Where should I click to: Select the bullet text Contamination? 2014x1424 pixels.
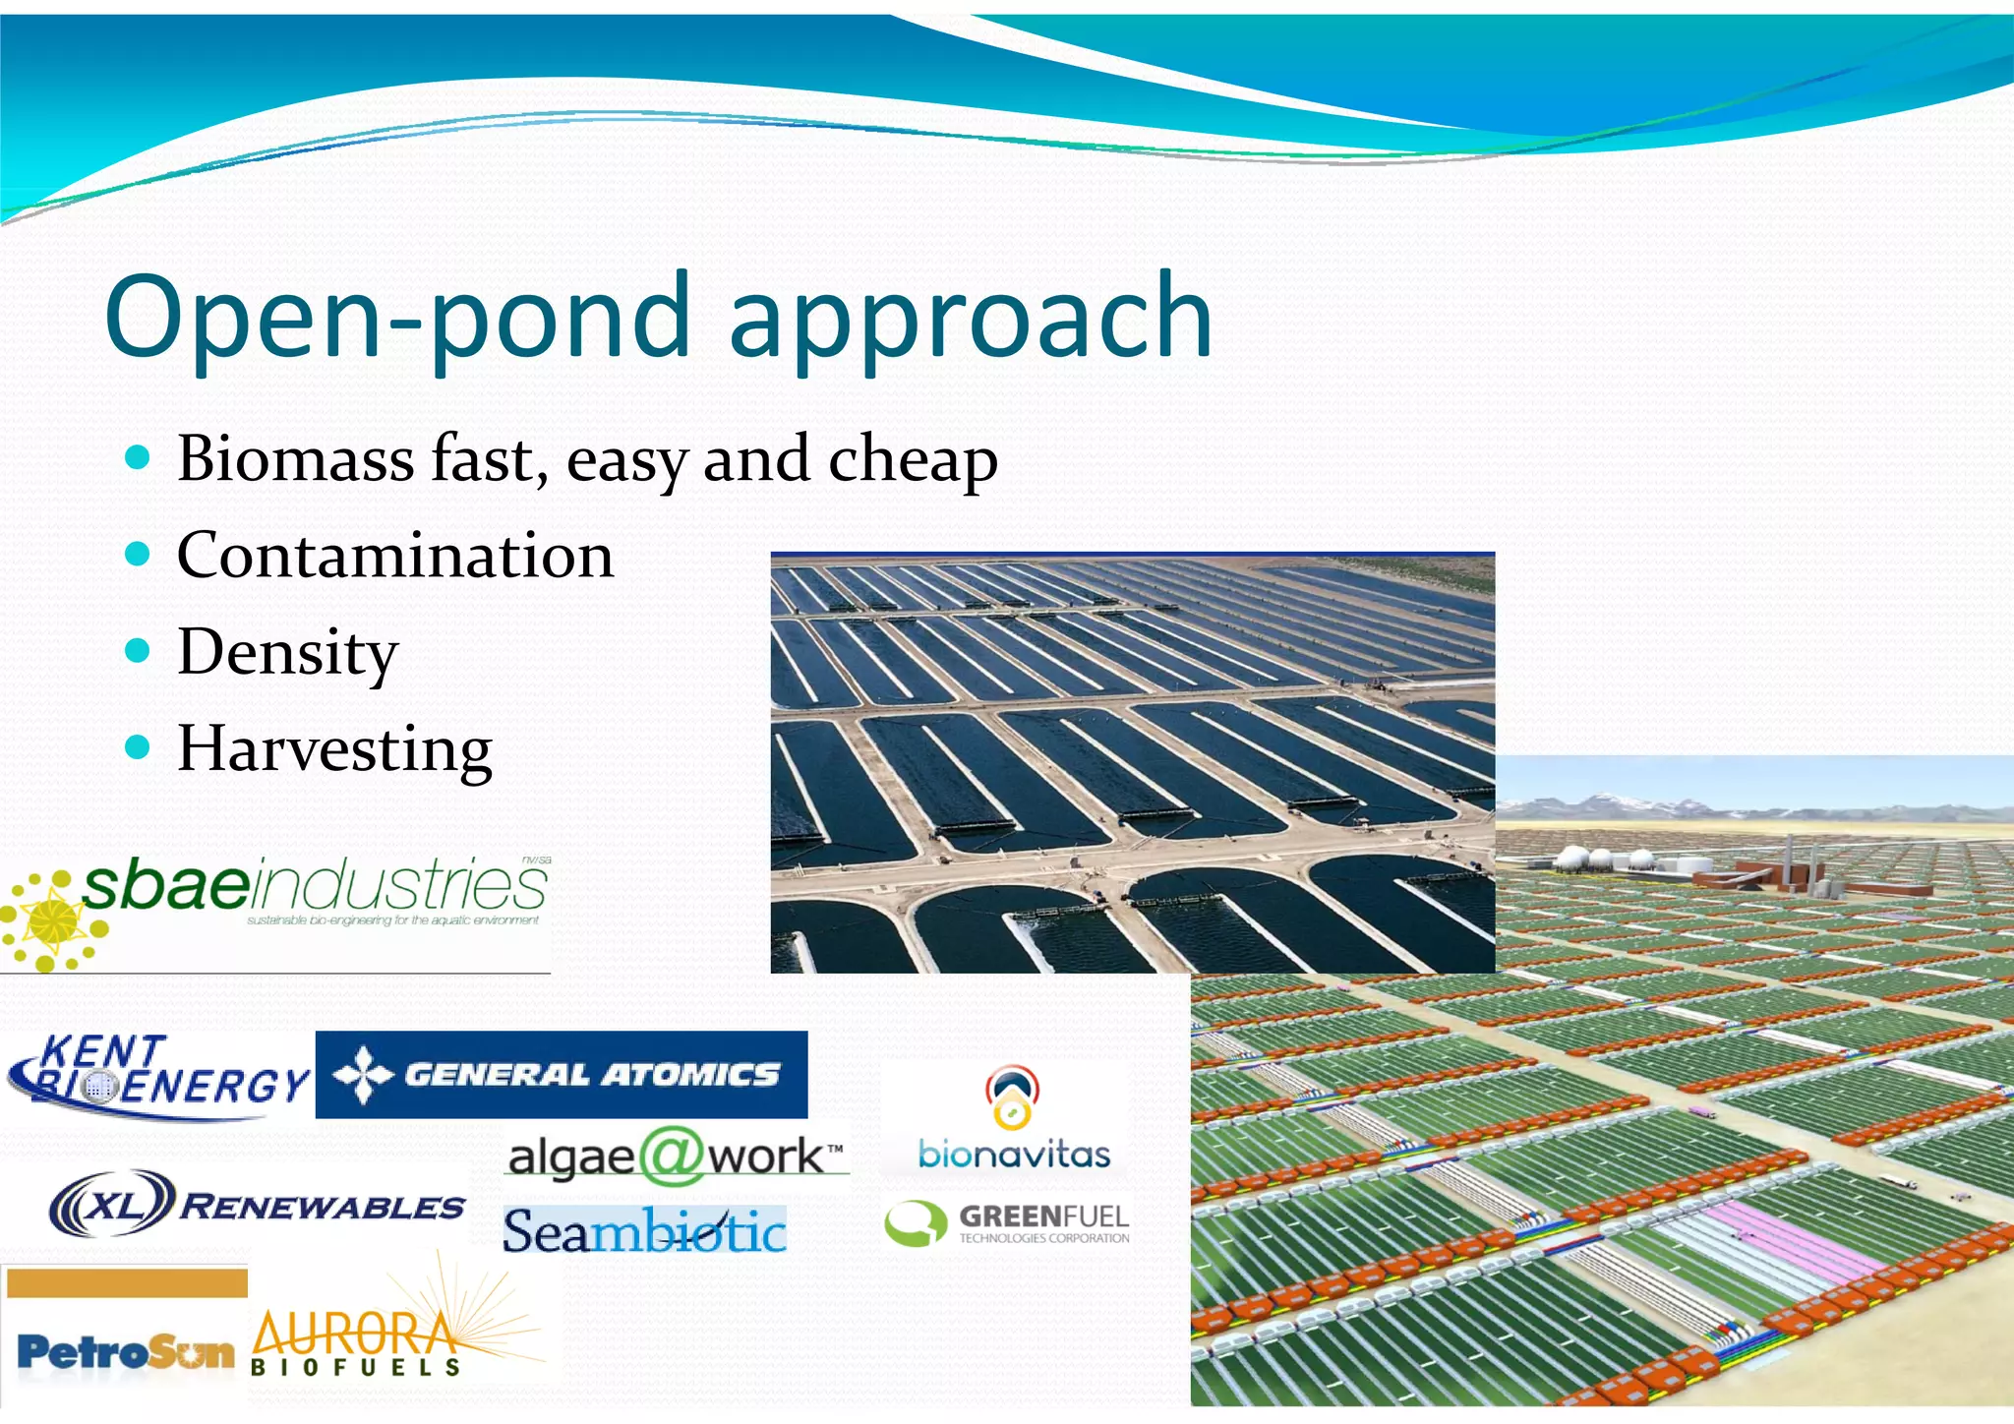[x=395, y=556]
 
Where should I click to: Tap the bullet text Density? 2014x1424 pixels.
[x=287, y=653]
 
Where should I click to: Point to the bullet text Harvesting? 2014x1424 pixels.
[x=334, y=749]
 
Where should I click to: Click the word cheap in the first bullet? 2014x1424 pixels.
[x=913, y=460]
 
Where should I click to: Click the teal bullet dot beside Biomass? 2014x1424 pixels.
[x=139, y=457]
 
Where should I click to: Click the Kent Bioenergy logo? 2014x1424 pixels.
[x=157, y=1077]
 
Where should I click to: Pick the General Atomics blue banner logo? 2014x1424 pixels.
[x=561, y=1074]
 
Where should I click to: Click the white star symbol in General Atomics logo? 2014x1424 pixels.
[x=363, y=1075]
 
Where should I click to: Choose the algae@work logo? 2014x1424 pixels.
[x=676, y=1157]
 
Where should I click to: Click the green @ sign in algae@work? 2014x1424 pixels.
[x=671, y=1157]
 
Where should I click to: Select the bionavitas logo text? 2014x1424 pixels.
[x=1013, y=1155]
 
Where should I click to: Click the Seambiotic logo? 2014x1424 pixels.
[x=644, y=1231]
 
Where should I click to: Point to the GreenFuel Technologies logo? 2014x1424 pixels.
[x=1008, y=1223]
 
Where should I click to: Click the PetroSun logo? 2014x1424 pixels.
[x=126, y=1352]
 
